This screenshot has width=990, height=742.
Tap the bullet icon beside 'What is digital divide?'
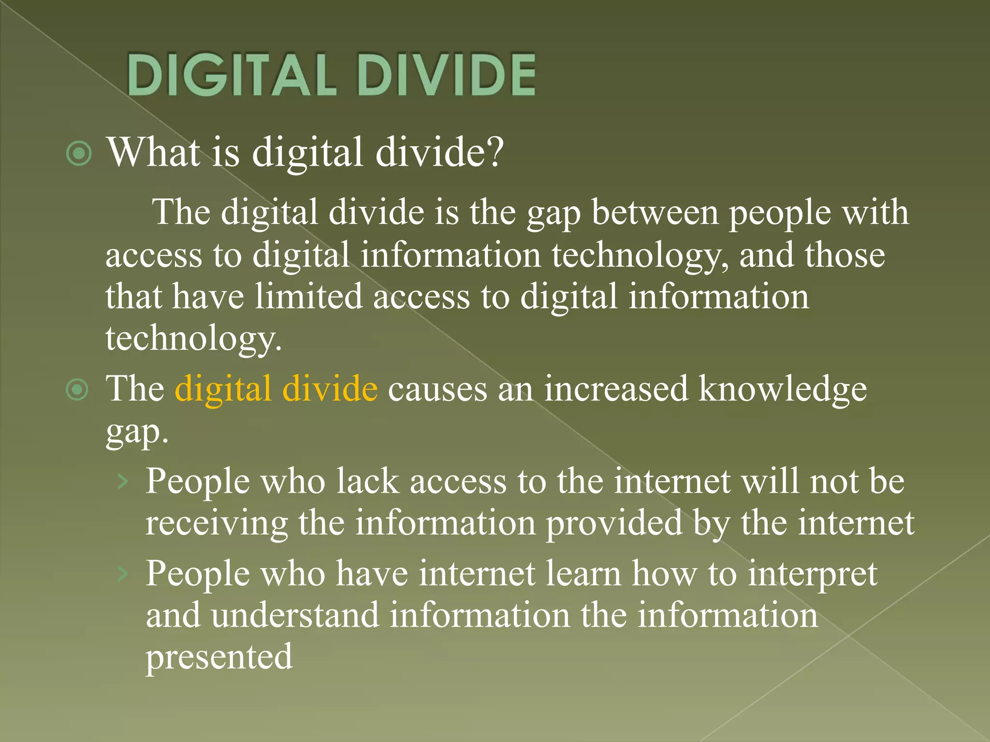click(79, 154)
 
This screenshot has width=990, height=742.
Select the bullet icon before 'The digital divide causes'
click(77, 389)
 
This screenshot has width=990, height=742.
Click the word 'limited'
click(308, 297)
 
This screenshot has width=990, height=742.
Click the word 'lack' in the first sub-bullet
click(368, 482)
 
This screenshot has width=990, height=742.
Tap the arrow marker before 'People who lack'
click(123, 481)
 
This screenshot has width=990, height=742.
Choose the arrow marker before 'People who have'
click(123, 574)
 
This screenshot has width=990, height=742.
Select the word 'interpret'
click(812, 574)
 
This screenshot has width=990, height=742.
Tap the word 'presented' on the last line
click(219, 657)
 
